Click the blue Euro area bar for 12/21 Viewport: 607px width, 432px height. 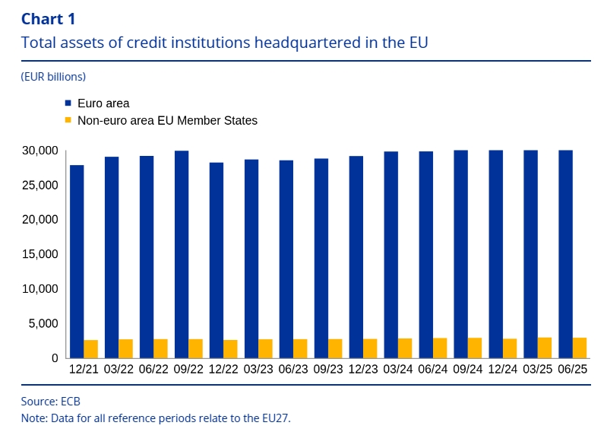[77, 261]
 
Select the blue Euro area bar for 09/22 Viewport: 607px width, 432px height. [182, 254]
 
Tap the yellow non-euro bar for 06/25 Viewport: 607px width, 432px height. [580, 348]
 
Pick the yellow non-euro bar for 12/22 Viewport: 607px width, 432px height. [231, 348]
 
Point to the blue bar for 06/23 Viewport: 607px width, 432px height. [286, 259]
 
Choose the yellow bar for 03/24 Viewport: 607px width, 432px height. [406, 348]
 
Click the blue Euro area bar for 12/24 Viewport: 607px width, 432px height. [496, 254]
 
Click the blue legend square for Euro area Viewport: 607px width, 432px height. [68, 103]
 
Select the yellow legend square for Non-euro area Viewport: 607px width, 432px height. [68, 120]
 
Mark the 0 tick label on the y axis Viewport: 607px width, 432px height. [54, 358]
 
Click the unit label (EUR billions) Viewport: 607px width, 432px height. [53, 76]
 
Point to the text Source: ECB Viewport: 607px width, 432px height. [51, 401]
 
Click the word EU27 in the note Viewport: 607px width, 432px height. [274, 418]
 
